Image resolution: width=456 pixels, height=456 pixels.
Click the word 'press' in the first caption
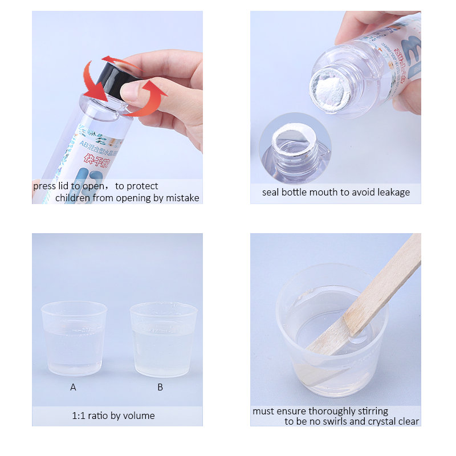[46, 186]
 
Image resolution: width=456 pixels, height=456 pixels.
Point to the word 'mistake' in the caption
[182, 198]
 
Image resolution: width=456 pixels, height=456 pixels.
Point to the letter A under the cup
[73, 387]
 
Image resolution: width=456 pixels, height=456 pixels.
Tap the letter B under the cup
[160, 387]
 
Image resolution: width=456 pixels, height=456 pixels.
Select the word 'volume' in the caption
[140, 416]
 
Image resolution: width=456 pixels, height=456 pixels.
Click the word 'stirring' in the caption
[372, 411]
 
